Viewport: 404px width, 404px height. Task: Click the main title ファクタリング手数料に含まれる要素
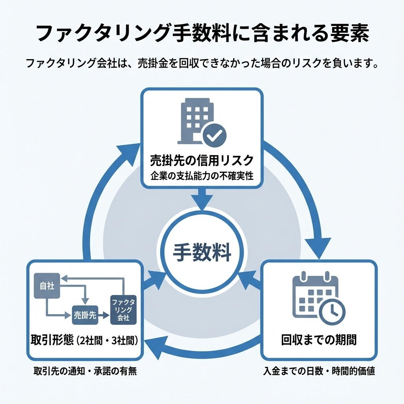pos(202,34)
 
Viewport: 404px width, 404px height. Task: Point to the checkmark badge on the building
pos(214,135)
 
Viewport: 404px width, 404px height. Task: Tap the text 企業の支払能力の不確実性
pos(202,176)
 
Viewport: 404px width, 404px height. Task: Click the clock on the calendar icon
pos(332,311)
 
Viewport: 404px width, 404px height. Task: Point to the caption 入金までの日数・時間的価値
pos(319,371)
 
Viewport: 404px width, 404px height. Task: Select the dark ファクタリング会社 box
pos(123,309)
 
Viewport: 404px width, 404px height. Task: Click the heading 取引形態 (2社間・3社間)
pos(84,340)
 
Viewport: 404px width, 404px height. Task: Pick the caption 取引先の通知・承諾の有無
pos(84,371)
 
